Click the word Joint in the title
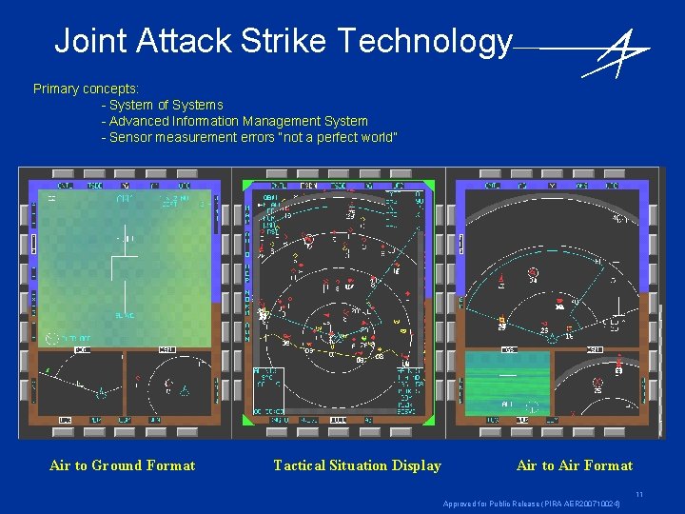click(x=91, y=41)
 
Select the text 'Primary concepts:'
click(x=86, y=89)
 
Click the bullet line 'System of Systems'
click(x=166, y=105)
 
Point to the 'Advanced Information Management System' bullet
click(x=238, y=121)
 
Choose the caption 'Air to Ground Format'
click(x=122, y=465)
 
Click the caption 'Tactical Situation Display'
click(x=357, y=465)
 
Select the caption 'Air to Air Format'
click(x=574, y=465)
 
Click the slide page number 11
click(x=639, y=494)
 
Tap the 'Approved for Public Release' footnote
click(x=532, y=504)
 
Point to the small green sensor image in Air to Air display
click(x=507, y=382)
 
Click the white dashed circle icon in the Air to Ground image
click(x=51, y=338)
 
